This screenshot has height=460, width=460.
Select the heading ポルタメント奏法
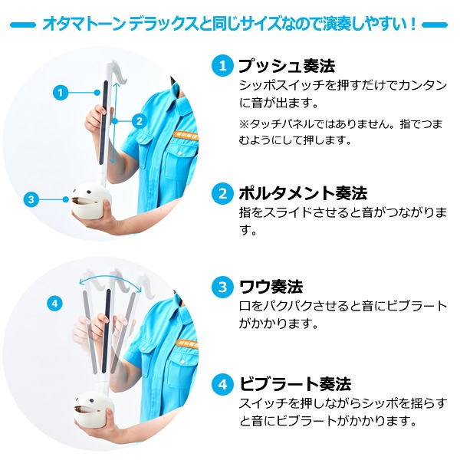pyautogui.click(x=302, y=192)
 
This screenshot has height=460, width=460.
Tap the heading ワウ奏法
pyautogui.click(x=270, y=287)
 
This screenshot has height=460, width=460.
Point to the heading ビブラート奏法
pyautogui.click(x=294, y=383)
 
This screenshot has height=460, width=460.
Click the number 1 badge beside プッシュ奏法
pyautogui.click(x=221, y=66)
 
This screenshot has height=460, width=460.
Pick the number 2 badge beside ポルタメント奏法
pyautogui.click(x=221, y=192)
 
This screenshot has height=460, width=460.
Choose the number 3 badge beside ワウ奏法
pyautogui.click(x=221, y=287)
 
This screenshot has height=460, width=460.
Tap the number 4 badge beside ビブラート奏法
pyautogui.click(x=221, y=383)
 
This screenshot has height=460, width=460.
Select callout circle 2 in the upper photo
pyautogui.click(x=138, y=120)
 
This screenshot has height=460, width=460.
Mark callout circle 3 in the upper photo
pyautogui.click(x=31, y=200)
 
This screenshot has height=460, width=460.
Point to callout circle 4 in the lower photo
pyautogui.click(x=53, y=304)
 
